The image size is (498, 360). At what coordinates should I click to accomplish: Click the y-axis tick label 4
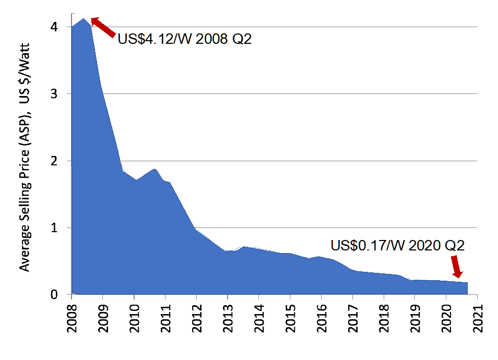coord(62,27)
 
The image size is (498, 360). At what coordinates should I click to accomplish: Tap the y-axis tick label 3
coord(62,94)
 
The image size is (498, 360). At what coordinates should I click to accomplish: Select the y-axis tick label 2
coord(62,161)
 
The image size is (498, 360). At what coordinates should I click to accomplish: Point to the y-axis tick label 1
coord(62,228)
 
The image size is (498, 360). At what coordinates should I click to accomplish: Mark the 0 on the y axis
coord(62,295)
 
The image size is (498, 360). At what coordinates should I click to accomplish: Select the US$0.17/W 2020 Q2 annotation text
coord(397,245)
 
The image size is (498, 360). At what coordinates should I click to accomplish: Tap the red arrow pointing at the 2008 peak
coord(103,27)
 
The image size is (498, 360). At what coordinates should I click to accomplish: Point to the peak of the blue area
coord(84,19)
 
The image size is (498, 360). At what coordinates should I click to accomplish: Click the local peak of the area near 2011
coord(155,169)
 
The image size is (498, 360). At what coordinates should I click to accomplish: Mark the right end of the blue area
coord(467,283)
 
